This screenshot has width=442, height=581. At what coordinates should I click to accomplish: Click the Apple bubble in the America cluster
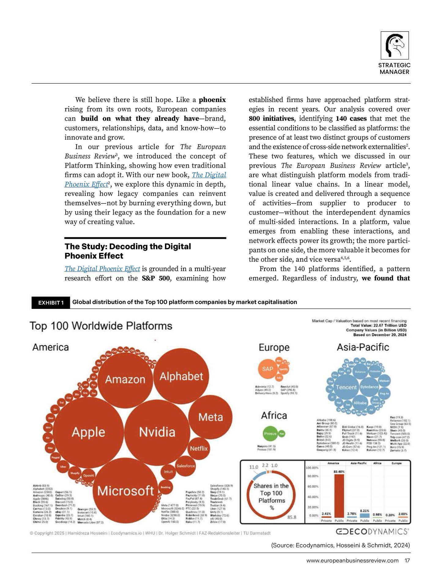point(88,432)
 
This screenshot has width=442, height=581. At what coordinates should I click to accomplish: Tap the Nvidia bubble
point(157,432)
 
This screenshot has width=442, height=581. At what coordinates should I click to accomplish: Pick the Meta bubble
point(211,417)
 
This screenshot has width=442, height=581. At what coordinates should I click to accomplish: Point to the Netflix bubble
point(199,449)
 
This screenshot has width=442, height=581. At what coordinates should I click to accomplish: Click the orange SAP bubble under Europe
point(267,369)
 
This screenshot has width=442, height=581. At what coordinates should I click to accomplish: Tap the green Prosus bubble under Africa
point(270,433)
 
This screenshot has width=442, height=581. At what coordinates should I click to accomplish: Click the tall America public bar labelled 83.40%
point(339,497)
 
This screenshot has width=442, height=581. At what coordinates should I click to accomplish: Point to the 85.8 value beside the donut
point(292,517)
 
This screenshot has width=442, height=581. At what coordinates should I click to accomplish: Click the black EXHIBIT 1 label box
point(51,303)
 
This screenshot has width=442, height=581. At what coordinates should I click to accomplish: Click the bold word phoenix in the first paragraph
point(212,100)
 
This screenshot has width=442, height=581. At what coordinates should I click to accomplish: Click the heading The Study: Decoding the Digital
point(128,247)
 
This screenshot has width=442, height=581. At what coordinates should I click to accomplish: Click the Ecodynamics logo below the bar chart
point(372,531)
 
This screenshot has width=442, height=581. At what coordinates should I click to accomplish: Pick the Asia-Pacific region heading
point(363,347)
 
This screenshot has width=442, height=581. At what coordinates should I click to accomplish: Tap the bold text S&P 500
point(154,278)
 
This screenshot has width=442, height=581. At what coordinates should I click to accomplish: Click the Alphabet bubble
point(181,376)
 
